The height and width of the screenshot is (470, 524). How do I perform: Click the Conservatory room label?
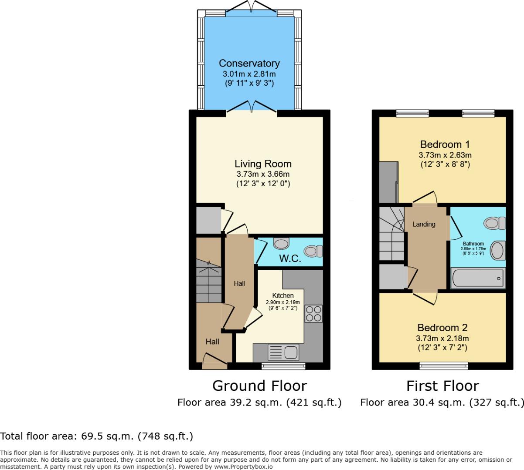coord(249,63)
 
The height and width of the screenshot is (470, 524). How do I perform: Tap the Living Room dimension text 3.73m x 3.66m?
coord(262,175)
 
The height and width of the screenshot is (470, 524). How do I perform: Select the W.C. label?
coord(290,258)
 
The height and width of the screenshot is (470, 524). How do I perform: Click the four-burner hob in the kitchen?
coord(313,313)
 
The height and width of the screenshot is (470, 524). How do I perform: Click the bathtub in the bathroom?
coord(477,278)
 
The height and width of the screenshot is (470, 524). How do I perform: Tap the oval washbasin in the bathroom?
coord(497,251)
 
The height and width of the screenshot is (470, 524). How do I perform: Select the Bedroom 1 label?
coord(445,144)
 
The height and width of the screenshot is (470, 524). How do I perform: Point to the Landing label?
coord(424,224)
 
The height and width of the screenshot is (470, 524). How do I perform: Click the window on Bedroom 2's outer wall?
coord(443,366)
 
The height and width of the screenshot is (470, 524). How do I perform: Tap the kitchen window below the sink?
coord(283,366)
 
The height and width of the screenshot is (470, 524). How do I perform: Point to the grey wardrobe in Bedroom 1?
coord(388,181)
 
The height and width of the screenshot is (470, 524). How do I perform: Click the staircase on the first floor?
coord(391,233)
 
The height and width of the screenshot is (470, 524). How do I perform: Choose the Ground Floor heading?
coord(259,386)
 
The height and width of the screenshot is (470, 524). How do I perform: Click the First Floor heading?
coord(442,386)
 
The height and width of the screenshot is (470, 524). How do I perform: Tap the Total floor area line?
coord(96,436)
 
